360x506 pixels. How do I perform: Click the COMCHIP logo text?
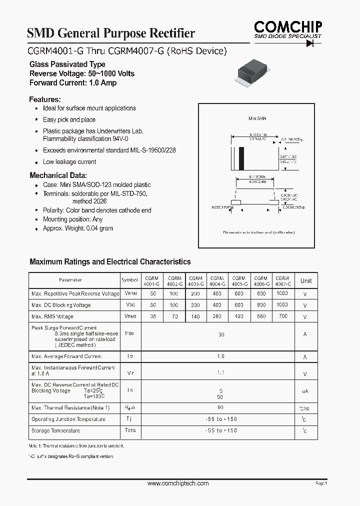pyautogui.click(x=287, y=26)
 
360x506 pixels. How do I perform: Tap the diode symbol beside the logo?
pyautogui.click(x=312, y=43)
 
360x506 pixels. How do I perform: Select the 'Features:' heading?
pyautogui.click(x=45, y=99)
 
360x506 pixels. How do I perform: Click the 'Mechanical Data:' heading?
pyautogui.click(x=58, y=175)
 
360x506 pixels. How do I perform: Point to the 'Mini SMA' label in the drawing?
pyautogui.click(x=257, y=118)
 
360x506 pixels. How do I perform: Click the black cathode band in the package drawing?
pyautogui.click(x=241, y=159)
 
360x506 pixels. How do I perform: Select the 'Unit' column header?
pyautogui.click(x=306, y=281)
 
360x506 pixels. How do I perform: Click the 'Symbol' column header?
pyautogui.click(x=130, y=280)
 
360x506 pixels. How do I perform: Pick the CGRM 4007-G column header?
pyautogui.click(x=282, y=281)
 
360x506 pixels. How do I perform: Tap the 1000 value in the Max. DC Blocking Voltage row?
pyautogui.click(x=282, y=304)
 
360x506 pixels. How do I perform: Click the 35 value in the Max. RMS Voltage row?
pyautogui.click(x=152, y=316)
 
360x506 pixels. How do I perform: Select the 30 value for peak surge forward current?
pyautogui.click(x=221, y=334)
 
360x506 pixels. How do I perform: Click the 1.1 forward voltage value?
pyautogui.click(x=221, y=372)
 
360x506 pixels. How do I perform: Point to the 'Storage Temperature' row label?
pyautogui.click(x=55, y=430)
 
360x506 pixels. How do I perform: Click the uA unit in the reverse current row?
pyautogui.click(x=305, y=391)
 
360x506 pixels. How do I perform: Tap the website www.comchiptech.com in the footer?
pyautogui.click(x=178, y=483)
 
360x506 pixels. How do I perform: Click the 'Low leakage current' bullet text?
pyautogui.click(x=69, y=162)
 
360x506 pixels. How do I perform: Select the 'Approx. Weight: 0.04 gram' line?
pyautogui.click(x=78, y=228)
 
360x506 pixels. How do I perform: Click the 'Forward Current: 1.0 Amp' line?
pyautogui.click(x=73, y=83)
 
